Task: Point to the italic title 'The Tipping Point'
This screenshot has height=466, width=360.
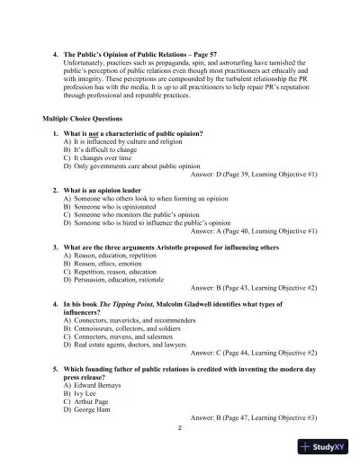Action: (x=125, y=304)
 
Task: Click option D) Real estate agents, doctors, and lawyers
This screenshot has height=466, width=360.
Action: (x=129, y=344)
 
